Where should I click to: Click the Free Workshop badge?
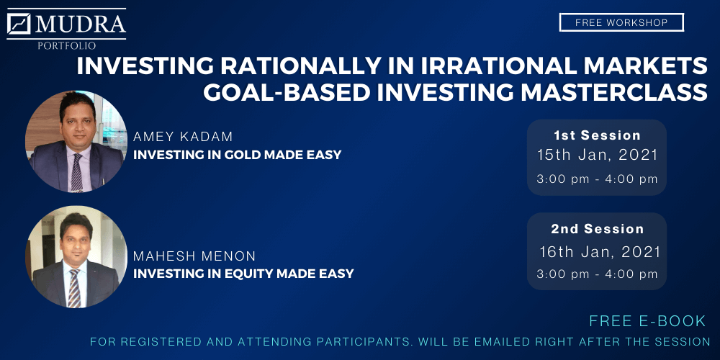[621, 22]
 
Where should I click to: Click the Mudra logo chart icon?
[19, 24]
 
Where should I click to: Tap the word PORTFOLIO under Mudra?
[67, 45]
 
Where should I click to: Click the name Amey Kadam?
[183, 137]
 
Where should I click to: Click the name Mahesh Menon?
[194, 256]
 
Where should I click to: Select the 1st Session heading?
[597, 135]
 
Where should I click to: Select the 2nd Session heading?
[597, 229]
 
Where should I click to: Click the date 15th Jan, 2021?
[598, 156]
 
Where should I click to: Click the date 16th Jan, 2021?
[600, 252]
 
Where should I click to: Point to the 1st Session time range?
[598, 179]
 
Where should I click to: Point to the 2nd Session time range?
[598, 274]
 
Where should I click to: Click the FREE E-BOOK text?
[647, 321]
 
